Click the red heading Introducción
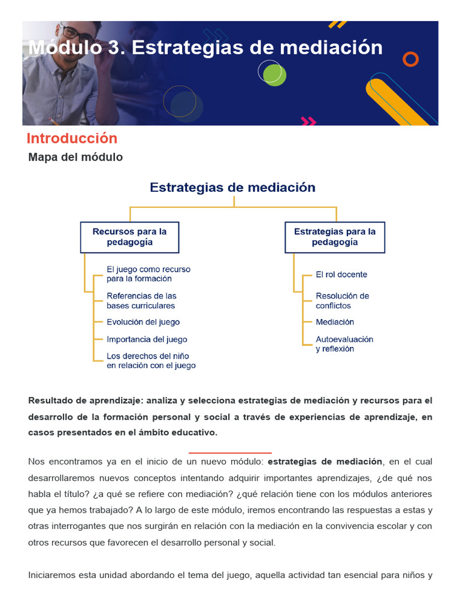[x=72, y=139]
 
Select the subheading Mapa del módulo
[x=75, y=157]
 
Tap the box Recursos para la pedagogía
[x=129, y=237]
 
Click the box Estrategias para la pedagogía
[x=335, y=237]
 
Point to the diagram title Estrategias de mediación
[x=232, y=188]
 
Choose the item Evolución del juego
[x=143, y=322]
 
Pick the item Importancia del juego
[x=147, y=339]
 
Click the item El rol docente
[x=341, y=275]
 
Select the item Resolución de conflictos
[x=342, y=300]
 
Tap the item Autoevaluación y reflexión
[x=344, y=344]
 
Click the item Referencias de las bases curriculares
[x=141, y=300]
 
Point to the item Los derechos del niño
[x=151, y=360]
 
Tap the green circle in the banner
[x=274, y=75]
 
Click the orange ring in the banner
[x=410, y=59]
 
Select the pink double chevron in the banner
[x=308, y=121]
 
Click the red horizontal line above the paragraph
[x=230, y=453]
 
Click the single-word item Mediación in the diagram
[x=335, y=322]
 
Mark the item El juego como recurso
[x=148, y=274]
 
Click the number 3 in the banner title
[x=114, y=47]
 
